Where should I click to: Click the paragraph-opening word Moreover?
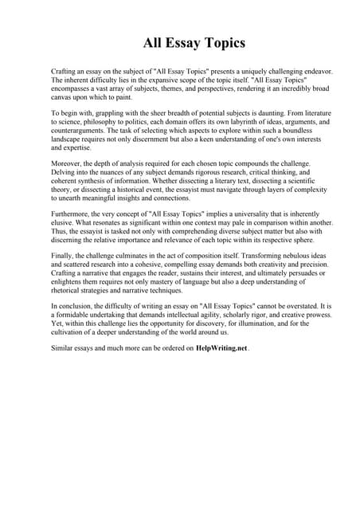(x=68, y=162)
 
